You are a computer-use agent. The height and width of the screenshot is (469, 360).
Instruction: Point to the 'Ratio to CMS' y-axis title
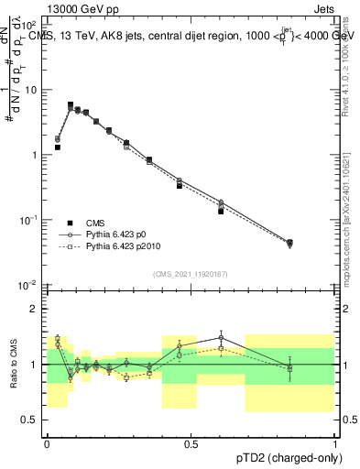14,364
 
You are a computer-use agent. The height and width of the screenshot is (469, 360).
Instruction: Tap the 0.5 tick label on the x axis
191,443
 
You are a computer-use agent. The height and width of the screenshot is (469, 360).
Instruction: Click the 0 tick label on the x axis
47,443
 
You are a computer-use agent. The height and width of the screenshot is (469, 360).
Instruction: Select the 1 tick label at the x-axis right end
334,443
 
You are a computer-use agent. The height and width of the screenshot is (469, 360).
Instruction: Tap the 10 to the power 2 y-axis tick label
31,26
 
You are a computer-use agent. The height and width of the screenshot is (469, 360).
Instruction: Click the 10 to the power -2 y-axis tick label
31,286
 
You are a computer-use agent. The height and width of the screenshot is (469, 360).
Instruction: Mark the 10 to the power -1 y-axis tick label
31,221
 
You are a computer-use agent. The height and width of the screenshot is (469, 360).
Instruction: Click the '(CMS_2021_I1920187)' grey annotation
191,274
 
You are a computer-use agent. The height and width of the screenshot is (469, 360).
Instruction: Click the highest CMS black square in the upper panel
71,105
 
